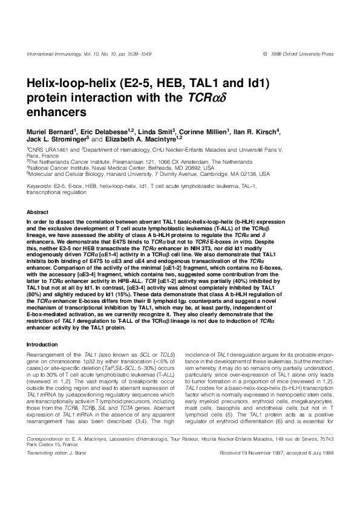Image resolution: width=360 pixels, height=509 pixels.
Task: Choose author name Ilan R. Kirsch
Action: point(257,131)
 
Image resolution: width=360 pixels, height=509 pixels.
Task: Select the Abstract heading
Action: point(38,213)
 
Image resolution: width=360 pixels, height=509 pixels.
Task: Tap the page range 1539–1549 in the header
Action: point(137,54)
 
